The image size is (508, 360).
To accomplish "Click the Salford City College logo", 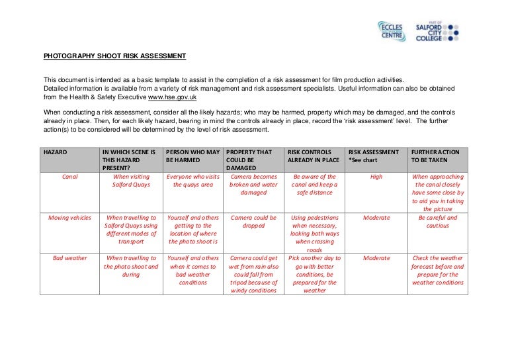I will pos(437,32).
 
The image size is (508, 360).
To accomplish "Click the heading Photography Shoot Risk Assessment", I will pos(114,56).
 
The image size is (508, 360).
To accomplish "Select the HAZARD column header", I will pos(57,152).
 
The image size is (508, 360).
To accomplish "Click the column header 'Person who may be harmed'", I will pos(192,156).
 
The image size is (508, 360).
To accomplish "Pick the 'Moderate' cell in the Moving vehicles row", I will pos(376,217).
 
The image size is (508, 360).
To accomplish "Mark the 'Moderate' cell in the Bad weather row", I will pos(376,258).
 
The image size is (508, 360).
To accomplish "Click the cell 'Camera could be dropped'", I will pos(253,221).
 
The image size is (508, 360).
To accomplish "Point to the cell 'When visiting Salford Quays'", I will pos(132,181).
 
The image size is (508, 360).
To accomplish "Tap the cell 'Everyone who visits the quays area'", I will pos(192,181).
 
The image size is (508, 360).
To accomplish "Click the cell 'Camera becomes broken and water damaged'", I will pos(253,185).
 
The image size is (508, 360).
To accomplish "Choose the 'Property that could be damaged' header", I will pos(248,159).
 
